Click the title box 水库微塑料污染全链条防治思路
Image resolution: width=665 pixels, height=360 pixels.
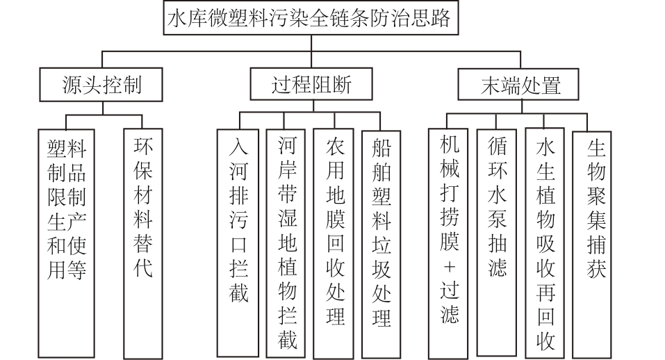(311, 19)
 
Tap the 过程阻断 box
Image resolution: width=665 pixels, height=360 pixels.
(311, 85)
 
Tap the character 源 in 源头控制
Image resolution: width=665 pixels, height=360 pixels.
(72, 85)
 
